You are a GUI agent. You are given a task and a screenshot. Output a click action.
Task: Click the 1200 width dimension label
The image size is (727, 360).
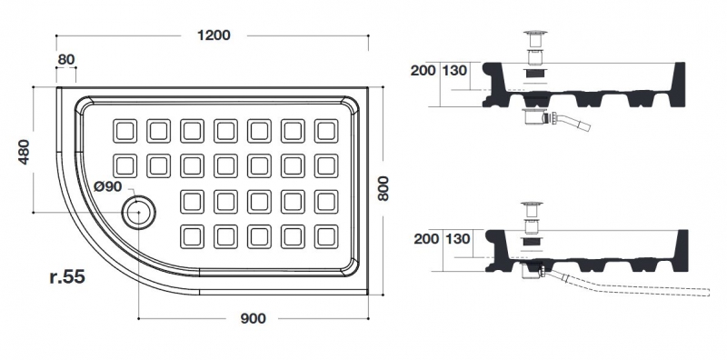tap(214, 35)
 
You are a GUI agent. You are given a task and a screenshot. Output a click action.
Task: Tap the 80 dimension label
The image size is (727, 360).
tap(66, 59)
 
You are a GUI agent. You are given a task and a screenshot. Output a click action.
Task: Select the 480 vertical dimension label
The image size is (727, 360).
tap(24, 152)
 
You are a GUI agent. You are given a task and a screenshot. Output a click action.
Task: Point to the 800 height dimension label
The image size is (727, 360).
tap(383, 188)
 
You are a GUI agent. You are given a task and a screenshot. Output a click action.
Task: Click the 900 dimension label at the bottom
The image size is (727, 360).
tap(254, 318)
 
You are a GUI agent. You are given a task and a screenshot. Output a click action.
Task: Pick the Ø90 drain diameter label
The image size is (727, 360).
tap(107, 186)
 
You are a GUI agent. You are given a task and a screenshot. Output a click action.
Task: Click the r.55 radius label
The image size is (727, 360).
tap(67, 276)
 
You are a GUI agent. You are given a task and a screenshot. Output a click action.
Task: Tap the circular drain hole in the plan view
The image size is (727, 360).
tap(139, 213)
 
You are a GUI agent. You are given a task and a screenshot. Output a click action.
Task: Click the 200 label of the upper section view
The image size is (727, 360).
tap(423, 71)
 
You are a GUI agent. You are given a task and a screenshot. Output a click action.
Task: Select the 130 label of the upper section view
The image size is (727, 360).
tap(454, 71)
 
